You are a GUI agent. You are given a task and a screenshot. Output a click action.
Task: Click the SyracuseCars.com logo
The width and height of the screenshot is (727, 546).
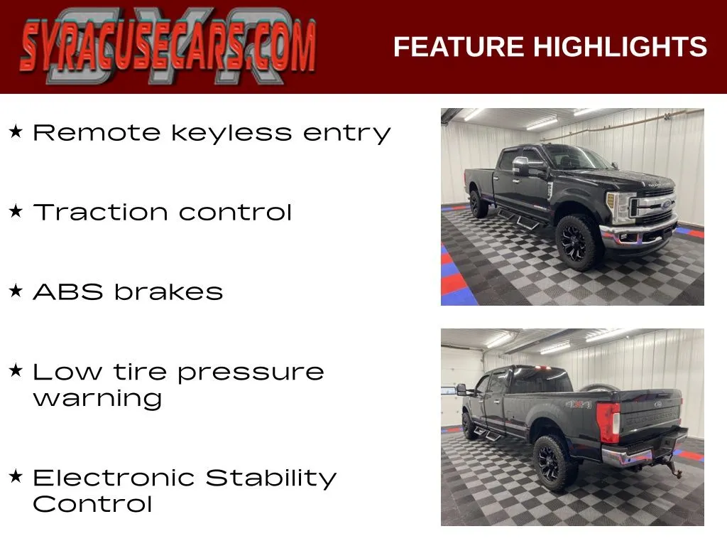(168, 46)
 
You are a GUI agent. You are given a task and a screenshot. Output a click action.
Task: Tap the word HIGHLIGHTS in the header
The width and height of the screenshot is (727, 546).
(620, 47)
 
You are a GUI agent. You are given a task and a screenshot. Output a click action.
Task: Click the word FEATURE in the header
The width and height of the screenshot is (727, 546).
(459, 47)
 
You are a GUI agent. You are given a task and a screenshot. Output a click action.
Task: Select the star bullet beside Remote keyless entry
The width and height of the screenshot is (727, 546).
(16, 132)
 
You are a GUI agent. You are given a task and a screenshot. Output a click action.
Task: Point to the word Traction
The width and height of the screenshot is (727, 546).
(100, 213)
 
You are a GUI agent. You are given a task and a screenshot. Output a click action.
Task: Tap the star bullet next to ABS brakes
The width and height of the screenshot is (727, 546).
(16, 291)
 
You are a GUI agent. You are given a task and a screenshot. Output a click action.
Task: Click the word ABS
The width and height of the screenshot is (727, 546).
(68, 292)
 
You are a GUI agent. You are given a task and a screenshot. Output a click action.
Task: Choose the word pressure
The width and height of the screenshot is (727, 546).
(251, 373)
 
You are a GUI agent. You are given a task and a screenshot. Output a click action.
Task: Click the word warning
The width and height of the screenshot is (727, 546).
(98, 400)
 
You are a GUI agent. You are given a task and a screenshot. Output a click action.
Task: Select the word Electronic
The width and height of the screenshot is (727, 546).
(114, 478)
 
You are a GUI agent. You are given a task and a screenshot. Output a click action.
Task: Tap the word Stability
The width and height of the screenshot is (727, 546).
(270, 478)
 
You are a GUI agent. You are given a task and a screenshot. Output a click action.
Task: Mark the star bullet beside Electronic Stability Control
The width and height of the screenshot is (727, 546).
(16, 476)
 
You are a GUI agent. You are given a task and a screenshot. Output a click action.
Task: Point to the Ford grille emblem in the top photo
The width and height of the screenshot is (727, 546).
(666, 204)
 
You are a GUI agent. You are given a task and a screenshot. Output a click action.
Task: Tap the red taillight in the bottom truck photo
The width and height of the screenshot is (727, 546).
(608, 423)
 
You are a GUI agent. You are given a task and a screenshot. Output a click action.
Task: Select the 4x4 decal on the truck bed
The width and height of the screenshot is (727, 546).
(579, 405)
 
